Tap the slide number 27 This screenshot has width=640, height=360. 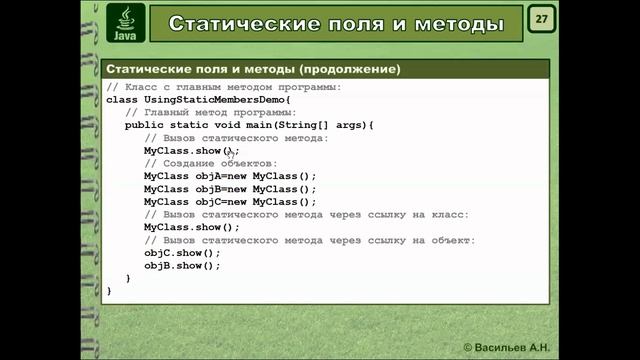(x=541, y=20)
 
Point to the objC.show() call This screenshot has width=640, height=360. (x=181, y=253)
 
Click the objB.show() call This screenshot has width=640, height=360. (x=181, y=266)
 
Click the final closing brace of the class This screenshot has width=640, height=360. (x=109, y=291)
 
